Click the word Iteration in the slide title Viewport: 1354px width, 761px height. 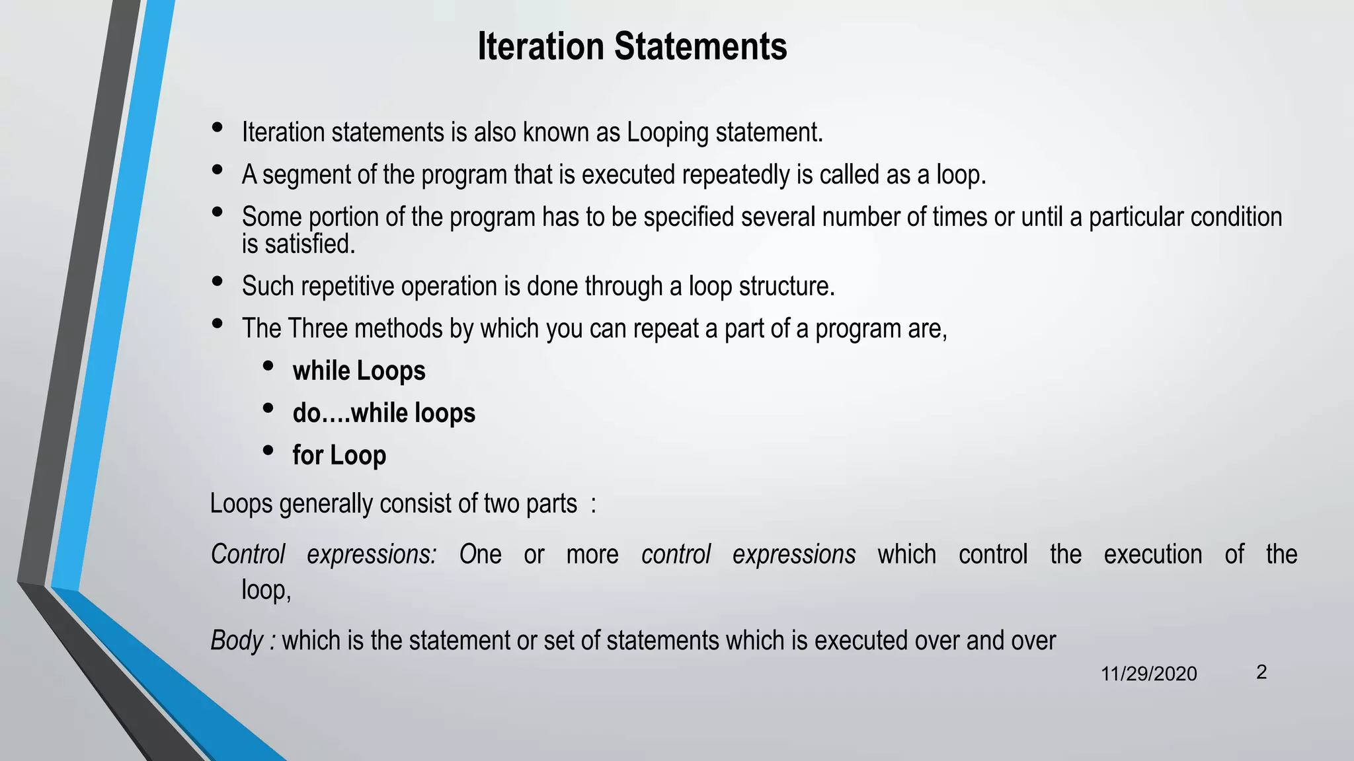541,46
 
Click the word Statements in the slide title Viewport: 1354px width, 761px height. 700,46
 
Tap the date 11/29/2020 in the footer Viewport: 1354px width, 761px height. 1148,674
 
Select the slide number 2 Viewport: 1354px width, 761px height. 1261,672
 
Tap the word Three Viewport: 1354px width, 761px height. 317,328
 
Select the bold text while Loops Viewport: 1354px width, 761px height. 359,371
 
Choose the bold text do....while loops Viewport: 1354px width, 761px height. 384,414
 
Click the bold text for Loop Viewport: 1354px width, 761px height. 339,456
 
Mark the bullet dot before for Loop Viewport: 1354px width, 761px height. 268,451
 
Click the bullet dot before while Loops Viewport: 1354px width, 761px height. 268,366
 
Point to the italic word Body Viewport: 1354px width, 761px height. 237,641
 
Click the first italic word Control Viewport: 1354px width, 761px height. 248,554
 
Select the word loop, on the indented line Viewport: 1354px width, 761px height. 266,590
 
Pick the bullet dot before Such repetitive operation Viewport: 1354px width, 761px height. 217,281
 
